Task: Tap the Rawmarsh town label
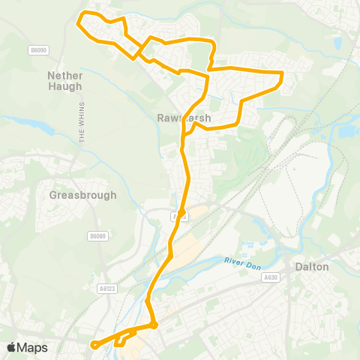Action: point(185,118)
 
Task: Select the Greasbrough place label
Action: point(83,195)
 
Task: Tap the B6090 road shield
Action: point(39,50)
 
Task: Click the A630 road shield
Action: point(270,277)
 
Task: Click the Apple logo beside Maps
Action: point(11,347)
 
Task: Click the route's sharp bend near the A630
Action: point(153,325)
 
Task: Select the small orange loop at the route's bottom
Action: point(120,341)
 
